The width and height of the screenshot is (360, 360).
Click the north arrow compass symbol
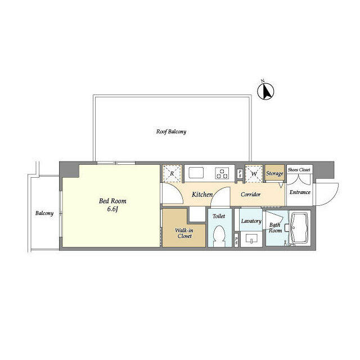tap(265, 91)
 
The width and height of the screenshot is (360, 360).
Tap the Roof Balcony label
tap(171, 132)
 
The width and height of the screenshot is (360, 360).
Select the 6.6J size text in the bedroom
tap(112, 209)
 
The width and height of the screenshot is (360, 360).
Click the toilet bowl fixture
tap(219, 236)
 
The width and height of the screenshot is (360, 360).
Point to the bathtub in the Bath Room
tap(299, 228)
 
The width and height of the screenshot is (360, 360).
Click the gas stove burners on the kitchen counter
tap(222, 174)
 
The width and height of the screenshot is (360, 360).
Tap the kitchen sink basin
tap(196, 173)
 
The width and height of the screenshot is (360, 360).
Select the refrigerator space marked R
tap(172, 174)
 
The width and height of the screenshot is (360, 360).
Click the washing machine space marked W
tap(254, 174)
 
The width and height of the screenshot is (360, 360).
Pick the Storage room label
tap(274, 174)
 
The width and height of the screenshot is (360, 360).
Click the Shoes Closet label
tap(299, 170)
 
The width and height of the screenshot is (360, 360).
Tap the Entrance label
tap(300, 192)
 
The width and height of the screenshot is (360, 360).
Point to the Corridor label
tap(250, 195)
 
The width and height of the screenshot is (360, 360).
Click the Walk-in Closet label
tap(184, 233)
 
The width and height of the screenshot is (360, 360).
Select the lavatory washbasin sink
tap(251, 239)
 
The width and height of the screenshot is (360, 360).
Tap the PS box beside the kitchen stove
tap(240, 174)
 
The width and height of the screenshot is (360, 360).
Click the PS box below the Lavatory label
tap(236, 240)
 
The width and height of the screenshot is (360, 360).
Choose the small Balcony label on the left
tap(44, 213)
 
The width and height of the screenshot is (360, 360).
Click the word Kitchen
tap(202, 195)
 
